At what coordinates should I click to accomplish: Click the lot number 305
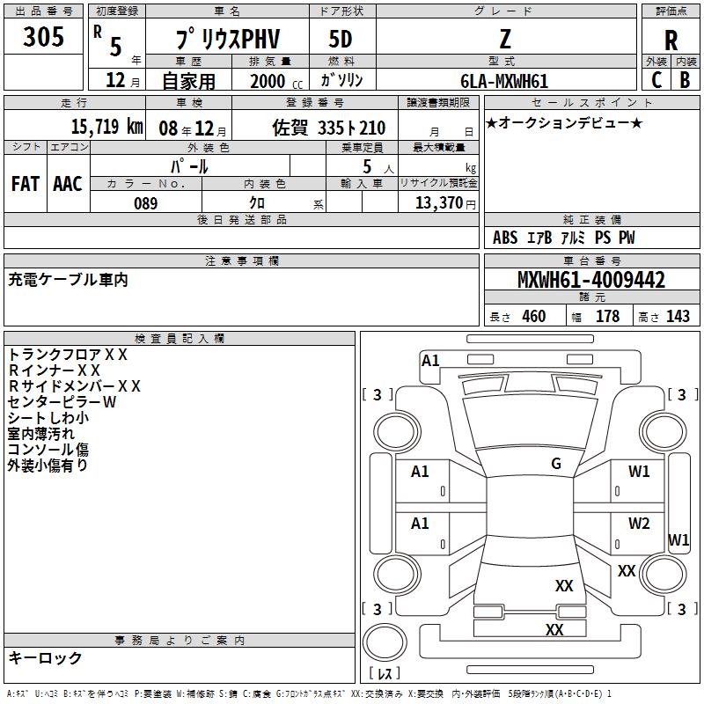coord(43,36)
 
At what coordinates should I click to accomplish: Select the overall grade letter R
coord(671,40)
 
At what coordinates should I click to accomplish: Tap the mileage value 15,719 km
coord(106,126)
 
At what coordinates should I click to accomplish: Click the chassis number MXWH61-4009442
coord(591,279)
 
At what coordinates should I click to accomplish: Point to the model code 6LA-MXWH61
coord(504,81)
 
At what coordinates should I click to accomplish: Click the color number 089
coord(145,203)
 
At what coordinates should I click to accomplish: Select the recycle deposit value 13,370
coord(438,203)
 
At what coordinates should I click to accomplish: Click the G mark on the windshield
coord(556,464)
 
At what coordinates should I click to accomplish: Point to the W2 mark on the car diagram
coord(639,523)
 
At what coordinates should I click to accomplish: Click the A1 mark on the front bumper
coord(430,361)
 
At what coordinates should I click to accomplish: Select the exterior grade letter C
coord(656,80)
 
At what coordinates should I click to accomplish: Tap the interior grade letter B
coord(685,80)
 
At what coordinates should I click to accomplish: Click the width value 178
coord(607,316)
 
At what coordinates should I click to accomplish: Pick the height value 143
coord(678,316)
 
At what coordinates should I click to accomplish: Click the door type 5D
coord(341,39)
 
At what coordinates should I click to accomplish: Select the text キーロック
coord(45,657)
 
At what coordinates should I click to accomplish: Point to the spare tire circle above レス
coord(385,642)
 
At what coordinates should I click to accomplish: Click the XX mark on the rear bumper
coord(554,629)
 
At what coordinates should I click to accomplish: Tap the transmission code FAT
coord(26,184)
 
